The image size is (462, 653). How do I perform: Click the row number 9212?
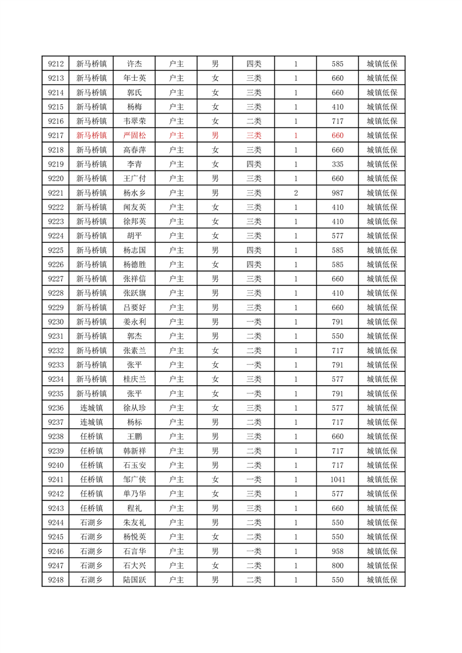[x=55, y=63]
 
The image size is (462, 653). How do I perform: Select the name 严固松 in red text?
[x=134, y=135]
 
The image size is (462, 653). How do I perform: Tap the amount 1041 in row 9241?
[x=337, y=480]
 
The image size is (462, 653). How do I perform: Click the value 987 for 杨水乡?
[x=337, y=193]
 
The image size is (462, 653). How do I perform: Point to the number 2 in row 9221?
[x=296, y=193]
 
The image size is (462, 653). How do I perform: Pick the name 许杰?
[x=134, y=63]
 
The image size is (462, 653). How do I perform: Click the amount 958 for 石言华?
[x=337, y=551]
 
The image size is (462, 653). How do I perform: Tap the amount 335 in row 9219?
[x=337, y=164]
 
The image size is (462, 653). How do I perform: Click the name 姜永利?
[x=134, y=322]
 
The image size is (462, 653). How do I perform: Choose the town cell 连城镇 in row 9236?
[x=91, y=408]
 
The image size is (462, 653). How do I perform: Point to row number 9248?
[x=55, y=580]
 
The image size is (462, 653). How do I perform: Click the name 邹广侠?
[x=134, y=480]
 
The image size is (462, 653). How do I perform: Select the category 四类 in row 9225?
[x=254, y=250]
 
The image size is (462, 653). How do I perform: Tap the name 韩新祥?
[x=134, y=451]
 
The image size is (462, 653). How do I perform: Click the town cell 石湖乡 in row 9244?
[x=91, y=523]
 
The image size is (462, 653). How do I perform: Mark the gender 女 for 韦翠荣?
[x=215, y=121]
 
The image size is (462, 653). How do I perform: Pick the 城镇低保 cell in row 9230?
[x=382, y=322]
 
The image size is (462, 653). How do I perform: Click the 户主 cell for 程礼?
[x=176, y=508]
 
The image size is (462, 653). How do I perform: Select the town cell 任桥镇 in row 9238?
[x=91, y=436]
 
